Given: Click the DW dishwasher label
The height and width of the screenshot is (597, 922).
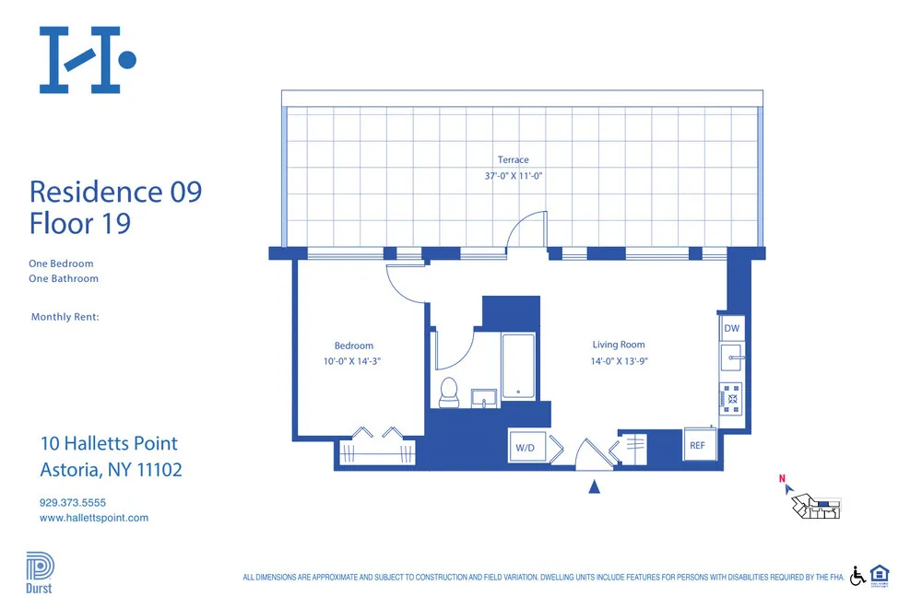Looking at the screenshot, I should point(731,328).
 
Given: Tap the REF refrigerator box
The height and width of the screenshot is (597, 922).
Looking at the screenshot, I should point(698,445).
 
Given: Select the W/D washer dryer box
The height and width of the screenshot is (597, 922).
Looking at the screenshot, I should point(525,448).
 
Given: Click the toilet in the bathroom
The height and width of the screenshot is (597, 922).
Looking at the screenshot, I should point(449,392).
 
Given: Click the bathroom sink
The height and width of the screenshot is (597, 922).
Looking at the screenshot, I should point(484,398).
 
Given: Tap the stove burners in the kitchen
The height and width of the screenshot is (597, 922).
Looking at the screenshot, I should point(731,397).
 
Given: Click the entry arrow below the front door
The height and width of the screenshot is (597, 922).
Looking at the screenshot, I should point(595,486).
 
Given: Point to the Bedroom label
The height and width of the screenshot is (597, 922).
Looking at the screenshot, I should point(353,346).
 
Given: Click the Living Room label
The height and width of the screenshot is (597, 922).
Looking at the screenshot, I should point(619,345).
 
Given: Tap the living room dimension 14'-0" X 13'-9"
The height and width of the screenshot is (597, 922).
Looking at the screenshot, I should point(619,361).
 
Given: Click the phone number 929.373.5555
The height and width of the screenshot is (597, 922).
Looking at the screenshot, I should point(73,503).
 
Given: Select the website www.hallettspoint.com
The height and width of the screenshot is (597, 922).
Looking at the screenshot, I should point(94,518).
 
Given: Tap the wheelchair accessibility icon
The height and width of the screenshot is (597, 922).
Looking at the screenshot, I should point(857,575).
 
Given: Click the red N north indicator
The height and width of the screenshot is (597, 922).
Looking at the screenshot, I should point(782,479).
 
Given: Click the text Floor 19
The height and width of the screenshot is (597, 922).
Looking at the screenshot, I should point(80,223).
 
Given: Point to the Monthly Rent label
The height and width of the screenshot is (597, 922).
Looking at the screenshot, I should point(65,317).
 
